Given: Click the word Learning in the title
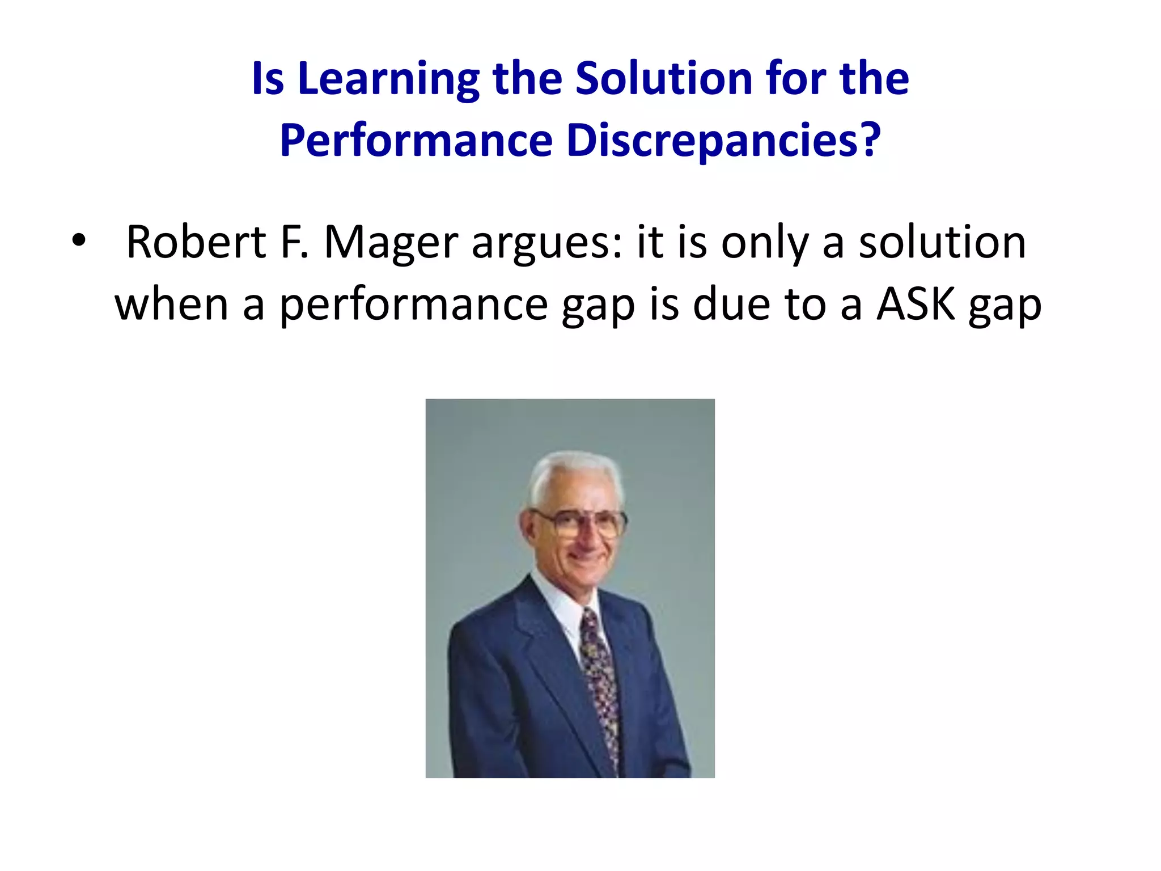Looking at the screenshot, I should pos(388,79).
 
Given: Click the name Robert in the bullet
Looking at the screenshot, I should pos(196,242).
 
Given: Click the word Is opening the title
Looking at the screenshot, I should pos(267,79).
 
